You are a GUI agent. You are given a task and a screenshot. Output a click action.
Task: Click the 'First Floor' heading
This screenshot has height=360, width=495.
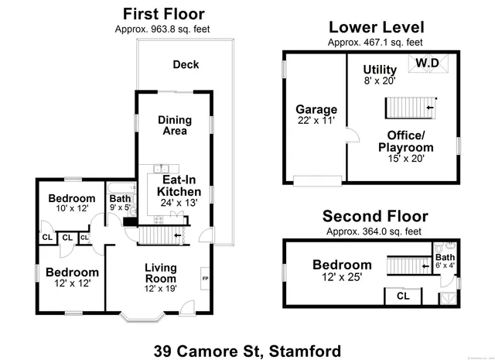pyautogui.click(x=164, y=14)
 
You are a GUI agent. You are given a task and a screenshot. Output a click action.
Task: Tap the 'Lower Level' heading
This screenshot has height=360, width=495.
pyautogui.click(x=376, y=27)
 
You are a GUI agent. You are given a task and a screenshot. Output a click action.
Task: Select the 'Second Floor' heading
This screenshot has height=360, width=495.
pyautogui.click(x=374, y=215)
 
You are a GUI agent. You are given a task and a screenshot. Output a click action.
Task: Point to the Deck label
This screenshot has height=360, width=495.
pyautogui.click(x=186, y=64)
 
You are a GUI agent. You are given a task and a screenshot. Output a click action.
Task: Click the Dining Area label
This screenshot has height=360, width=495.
pyautogui.click(x=175, y=125)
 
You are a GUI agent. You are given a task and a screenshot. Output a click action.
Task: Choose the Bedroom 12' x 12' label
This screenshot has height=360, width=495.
pyautogui.click(x=72, y=278)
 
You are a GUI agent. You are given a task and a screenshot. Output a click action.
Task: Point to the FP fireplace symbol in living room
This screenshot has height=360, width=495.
pyautogui.click(x=205, y=278)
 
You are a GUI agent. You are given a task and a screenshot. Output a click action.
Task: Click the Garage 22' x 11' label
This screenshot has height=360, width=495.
pyautogui.click(x=316, y=115)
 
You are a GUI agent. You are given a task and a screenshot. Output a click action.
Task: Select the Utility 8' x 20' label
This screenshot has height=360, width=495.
pyautogui.click(x=380, y=74)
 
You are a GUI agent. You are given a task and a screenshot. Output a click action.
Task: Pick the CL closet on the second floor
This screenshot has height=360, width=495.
pyautogui.click(x=403, y=295)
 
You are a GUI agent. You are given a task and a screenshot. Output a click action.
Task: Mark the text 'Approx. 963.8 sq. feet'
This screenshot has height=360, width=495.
pyautogui.click(x=164, y=29)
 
